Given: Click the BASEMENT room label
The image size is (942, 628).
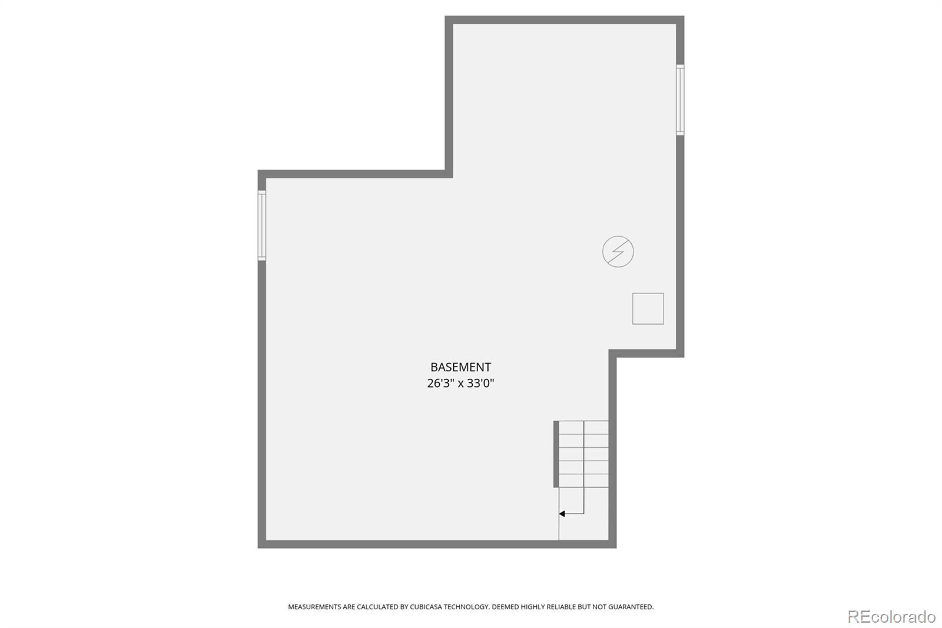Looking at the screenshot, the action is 460,367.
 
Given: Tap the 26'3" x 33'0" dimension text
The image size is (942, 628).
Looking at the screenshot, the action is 460,384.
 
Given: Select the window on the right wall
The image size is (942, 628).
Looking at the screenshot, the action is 680,100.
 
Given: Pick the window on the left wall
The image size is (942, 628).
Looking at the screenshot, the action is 261,225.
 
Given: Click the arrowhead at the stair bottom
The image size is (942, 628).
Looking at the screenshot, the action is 562,514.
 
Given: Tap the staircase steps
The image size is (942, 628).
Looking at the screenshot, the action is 583,454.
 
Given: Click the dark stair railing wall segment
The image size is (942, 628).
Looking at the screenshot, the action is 556,454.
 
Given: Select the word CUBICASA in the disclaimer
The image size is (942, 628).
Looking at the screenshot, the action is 426,607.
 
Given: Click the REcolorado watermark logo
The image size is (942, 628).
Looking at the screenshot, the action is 891,617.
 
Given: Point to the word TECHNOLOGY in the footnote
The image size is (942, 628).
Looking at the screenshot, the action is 467,607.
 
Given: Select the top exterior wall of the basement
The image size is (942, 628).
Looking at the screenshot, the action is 565,20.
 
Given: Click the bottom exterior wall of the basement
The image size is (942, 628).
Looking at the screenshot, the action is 437,544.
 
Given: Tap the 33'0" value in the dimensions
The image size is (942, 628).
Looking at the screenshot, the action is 480,384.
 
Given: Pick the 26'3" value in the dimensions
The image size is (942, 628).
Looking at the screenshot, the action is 441,384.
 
